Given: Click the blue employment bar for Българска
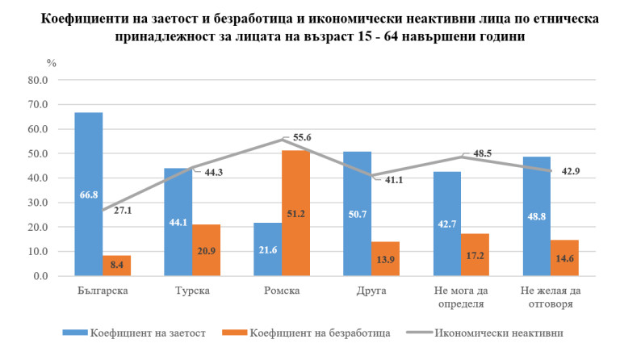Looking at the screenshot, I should pos(89,194).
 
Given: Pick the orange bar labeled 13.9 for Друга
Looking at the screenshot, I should pos(386,259).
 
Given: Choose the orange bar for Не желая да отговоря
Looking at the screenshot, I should pos(565,258).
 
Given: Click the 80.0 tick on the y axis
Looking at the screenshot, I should pos(37,80).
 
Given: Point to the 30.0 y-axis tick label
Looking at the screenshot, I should pos(37,203).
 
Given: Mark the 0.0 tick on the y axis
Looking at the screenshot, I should pos(40,276).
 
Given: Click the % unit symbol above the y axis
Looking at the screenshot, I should pos(51,62).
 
